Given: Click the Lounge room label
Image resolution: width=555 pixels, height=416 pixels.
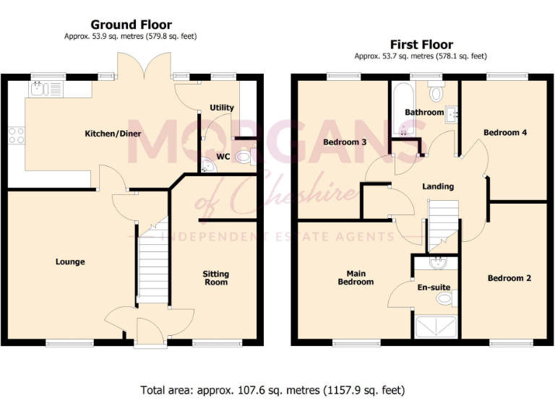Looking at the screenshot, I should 69,261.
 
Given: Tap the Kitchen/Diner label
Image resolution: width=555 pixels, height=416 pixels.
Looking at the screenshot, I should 113,134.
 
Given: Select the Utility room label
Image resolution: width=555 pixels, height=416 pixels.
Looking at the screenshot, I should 222,108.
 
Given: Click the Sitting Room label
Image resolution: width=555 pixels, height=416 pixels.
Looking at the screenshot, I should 215,278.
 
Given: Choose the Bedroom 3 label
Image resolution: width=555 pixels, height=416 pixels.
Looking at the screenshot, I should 345,142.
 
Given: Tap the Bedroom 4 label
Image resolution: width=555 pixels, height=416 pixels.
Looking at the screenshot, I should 501,132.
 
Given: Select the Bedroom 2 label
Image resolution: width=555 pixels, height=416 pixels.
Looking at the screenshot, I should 509,278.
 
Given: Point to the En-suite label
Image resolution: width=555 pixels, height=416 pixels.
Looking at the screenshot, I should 434,287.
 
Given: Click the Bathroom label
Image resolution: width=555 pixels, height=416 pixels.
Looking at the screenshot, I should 424,112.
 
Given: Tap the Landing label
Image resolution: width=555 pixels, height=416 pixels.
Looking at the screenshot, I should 438,186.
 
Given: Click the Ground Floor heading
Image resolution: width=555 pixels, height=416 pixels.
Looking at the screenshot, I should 131,25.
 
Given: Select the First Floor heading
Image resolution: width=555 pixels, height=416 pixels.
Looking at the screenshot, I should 421,45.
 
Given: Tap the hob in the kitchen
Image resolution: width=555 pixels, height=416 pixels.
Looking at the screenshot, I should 16,135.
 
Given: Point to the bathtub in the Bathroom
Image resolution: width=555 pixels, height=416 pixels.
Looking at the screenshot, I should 400,105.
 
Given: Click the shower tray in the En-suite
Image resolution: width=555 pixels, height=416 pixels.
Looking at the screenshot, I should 436,328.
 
